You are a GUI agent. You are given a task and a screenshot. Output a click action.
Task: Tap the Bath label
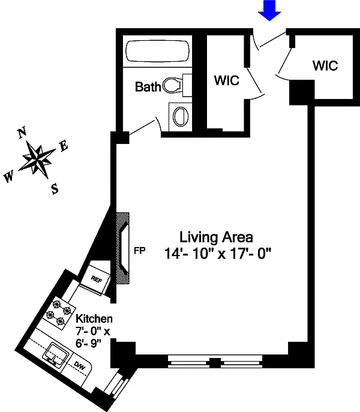(148, 88)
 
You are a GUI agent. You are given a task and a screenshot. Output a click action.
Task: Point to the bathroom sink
(179, 115)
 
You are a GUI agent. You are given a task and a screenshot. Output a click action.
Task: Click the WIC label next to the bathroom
(226, 80)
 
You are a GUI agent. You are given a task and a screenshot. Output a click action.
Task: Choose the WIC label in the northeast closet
(325, 65)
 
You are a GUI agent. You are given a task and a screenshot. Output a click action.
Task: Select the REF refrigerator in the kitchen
(98, 278)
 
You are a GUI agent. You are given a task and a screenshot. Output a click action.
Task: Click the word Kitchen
(94, 319)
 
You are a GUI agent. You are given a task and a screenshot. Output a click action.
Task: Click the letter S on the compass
(55, 190)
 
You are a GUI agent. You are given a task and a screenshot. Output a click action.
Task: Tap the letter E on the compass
(64, 146)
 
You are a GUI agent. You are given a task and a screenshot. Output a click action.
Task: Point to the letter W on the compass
(8, 177)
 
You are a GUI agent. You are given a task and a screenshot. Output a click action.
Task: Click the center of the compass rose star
(38, 161)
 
